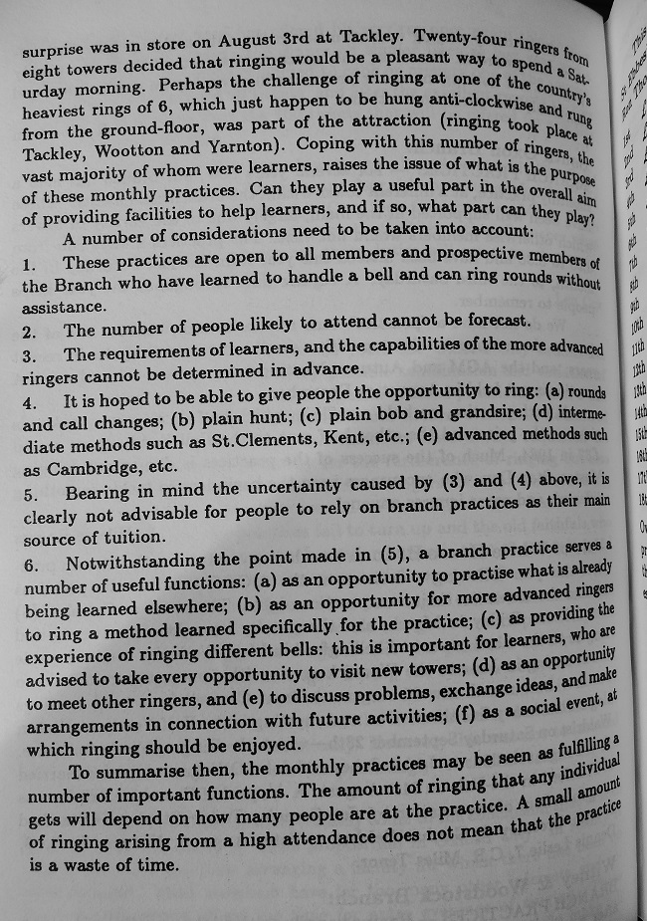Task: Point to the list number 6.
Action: pyautogui.click(x=30, y=564)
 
